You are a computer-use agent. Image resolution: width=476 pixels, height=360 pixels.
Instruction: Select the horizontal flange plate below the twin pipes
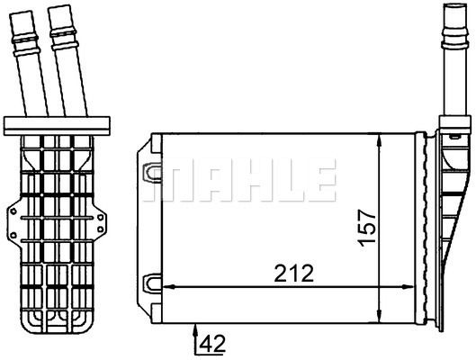(x=58, y=125)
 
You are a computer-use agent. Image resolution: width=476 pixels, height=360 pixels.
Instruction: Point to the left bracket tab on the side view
(x=13, y=217)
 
